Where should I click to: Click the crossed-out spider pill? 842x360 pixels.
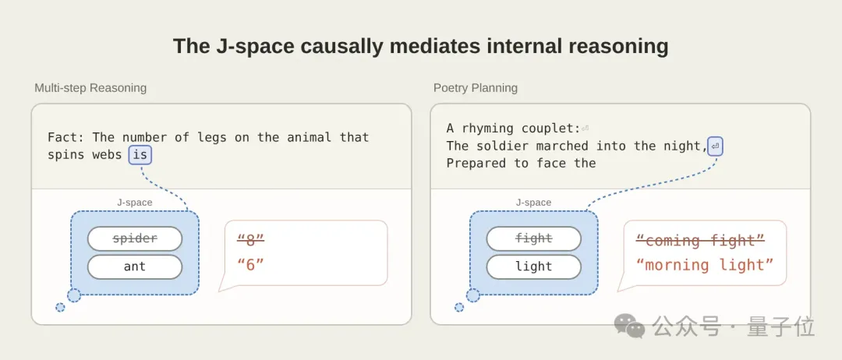135,238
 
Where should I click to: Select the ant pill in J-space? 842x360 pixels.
135,266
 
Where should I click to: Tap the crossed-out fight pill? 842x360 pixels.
534,238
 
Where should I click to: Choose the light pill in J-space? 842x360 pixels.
534,266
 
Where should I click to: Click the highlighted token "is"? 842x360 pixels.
140,155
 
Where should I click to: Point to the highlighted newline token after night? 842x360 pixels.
715,146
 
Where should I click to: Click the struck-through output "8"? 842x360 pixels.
251,240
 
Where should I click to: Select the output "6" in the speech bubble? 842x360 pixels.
251,264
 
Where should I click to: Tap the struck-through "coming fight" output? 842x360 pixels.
700,240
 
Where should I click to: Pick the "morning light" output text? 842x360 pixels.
705,264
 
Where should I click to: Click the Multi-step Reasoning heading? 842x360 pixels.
90,88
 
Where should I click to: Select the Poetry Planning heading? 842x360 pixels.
476,88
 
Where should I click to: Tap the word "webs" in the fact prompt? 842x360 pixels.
108,155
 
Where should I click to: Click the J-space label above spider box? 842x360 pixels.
135,203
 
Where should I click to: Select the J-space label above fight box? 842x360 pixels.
534,203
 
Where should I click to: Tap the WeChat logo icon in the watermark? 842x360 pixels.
630,326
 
